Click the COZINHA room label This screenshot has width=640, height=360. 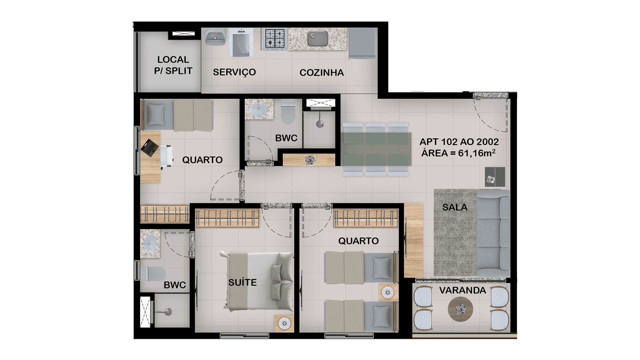coord(321,73)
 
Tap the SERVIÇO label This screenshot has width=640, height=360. coord(234,72)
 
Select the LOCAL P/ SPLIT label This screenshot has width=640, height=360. coord(173,65)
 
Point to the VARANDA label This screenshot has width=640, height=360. coord(462,290)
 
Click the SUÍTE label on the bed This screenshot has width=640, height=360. coord(242,282)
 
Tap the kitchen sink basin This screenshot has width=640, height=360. coord(317,39)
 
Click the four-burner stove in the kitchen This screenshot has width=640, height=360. coord(275,39)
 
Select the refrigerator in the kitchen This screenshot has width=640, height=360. coord(362,43)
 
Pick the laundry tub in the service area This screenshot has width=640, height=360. coord(215,37)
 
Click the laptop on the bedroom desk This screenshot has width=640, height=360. coord(149,148)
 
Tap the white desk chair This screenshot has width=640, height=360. coord(167,155)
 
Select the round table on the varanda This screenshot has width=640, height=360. coord(460,309)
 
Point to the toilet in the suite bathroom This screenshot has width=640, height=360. coord(153,274)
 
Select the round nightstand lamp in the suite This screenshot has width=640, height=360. coord(284,323)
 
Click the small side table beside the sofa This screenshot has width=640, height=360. coord(495,177)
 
